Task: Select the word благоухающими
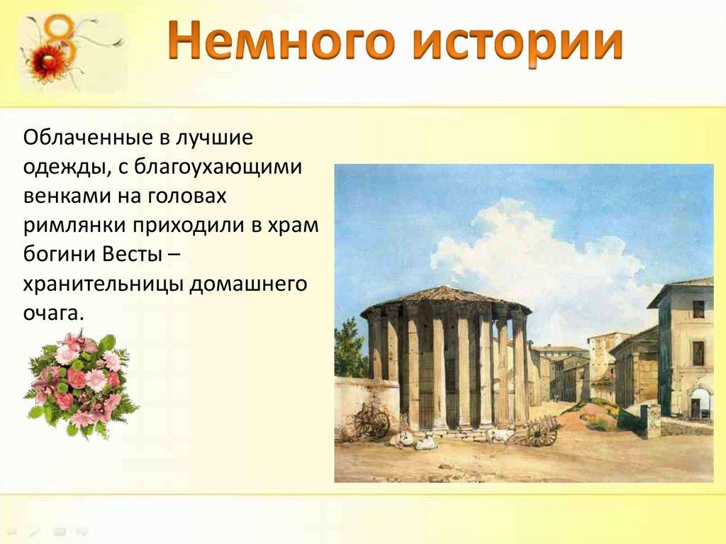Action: coord(218,167)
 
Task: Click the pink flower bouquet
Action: coord(80,384)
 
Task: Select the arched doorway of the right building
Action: coord(699,403)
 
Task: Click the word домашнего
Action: coord(248,284)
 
